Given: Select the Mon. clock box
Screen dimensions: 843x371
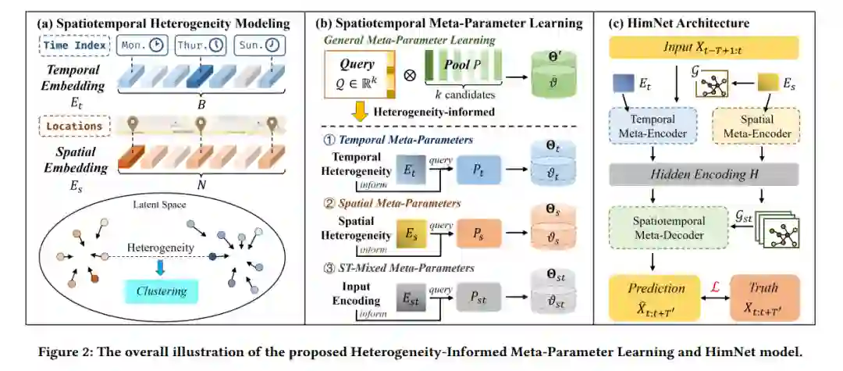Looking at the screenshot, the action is [x=142, y=46].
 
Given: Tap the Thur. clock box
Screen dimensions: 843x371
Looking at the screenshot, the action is [x=199, y=46].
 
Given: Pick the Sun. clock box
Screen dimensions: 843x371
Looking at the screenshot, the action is [x=259, y=46].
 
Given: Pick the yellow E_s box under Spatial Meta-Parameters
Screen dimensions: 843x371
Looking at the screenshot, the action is [x=409, y=234].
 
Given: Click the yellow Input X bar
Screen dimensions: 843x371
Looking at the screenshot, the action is [x=703, y=48].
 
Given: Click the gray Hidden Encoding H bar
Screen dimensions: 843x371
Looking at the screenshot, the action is [x=703, y=176].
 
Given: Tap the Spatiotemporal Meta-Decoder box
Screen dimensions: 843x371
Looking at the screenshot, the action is [x=663, y=227].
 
